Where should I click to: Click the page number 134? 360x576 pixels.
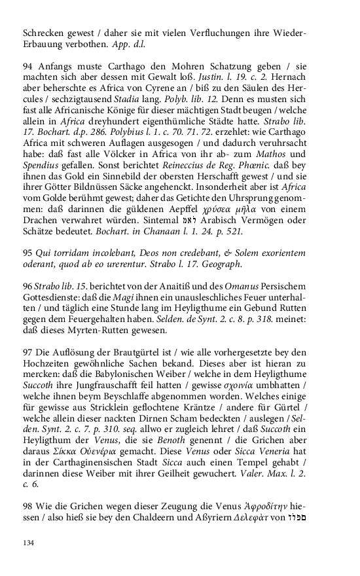click(28, 543)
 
